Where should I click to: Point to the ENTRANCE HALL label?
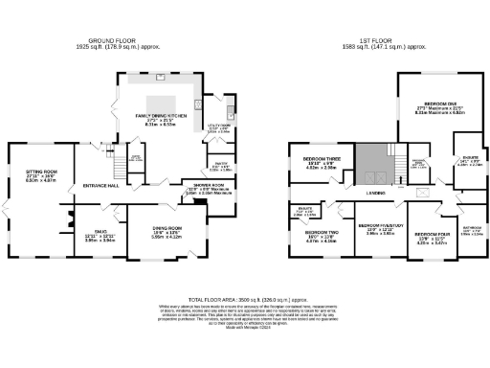100,185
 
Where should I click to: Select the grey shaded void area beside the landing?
369,165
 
